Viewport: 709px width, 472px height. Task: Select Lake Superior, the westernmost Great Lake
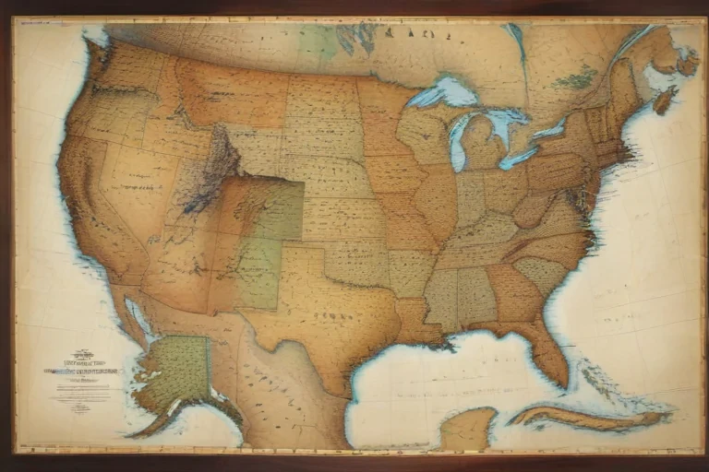[x=441, y=93]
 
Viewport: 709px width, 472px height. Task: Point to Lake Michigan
[x=458, y=138]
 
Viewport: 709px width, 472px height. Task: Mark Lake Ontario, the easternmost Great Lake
[x=548, y=130]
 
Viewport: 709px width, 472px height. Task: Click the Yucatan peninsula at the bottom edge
[x=467, y=430]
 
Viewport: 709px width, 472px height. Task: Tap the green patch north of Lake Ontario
[x=577, y=79]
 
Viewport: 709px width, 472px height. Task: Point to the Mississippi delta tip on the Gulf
[x=449, y=346]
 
